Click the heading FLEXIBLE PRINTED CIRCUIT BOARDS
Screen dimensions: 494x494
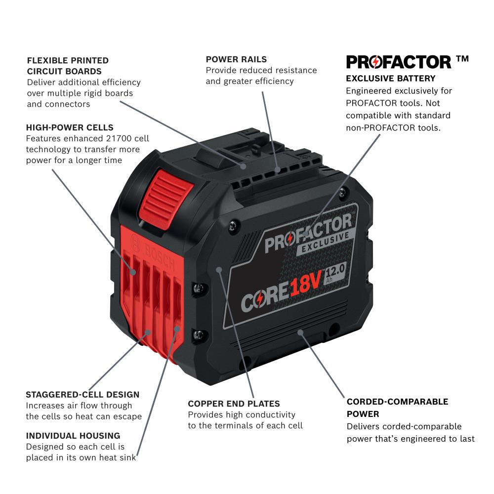point(68,66)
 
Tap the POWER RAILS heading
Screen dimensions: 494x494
point(236,59)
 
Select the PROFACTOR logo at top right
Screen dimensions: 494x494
point(399,62)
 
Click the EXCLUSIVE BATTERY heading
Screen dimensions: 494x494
point(390,78)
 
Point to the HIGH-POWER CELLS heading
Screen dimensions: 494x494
point(70,127)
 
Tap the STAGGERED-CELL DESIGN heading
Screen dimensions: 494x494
point(82,394)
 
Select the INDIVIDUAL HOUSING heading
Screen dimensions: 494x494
point(73,435)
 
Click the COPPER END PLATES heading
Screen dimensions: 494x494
point(234,404)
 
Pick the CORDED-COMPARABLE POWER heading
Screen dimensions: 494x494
point(397,408)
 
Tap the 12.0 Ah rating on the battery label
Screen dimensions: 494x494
point(336,273)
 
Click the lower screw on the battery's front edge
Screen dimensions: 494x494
point(199,334)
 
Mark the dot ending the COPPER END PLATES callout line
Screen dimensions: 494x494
point(219,270)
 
